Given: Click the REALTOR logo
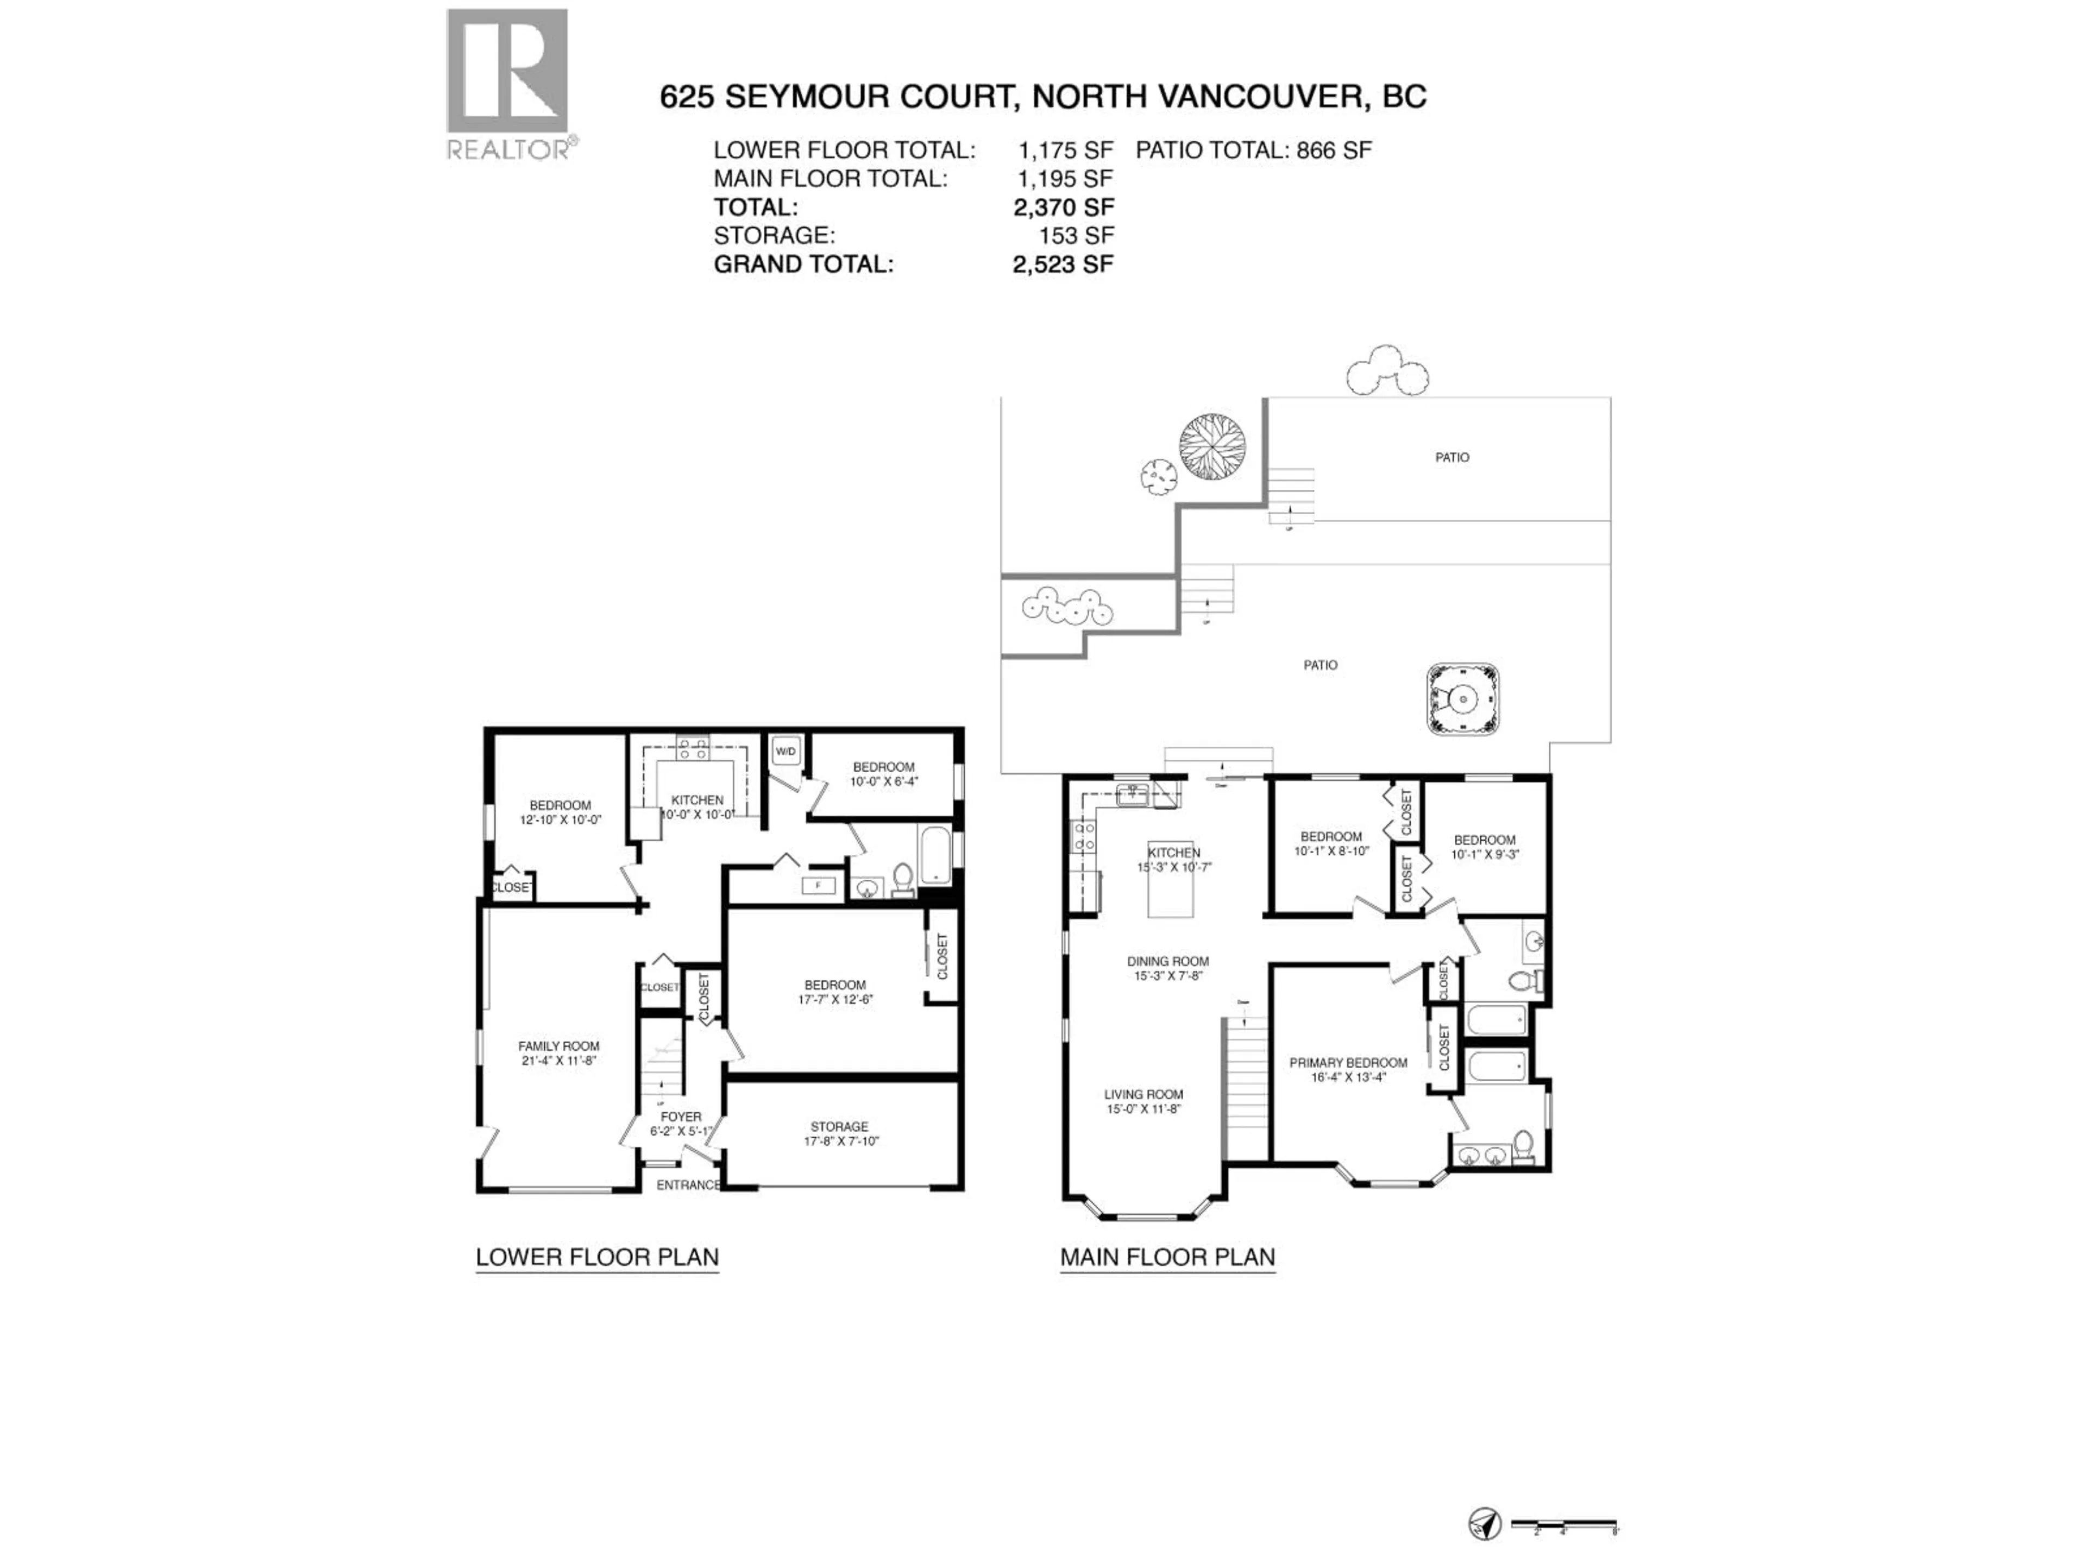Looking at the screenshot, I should point(507,84).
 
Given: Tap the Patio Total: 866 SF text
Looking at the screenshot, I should point(1253,150).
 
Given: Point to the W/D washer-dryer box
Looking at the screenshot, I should point(786,752).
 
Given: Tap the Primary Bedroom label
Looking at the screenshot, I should point(1348,1069).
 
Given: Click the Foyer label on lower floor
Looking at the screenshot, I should point(681,1124).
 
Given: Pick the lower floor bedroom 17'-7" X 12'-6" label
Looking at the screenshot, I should point(834,992).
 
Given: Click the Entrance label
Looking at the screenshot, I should point(688,1185).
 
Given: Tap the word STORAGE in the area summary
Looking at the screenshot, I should point(774,236).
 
